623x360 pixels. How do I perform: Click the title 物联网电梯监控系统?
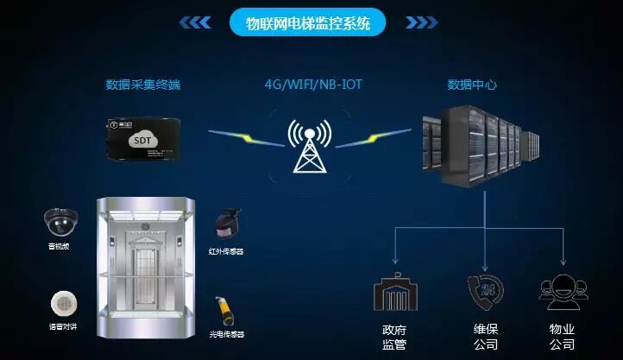[308, 23]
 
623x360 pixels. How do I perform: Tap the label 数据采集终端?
[143, 85]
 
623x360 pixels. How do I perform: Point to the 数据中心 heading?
[471, 85]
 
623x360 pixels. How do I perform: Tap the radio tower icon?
[309, 148]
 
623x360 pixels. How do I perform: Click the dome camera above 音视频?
[61, 223]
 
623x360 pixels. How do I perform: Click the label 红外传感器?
[226, 252]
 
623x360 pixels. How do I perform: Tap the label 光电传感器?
[226, 334]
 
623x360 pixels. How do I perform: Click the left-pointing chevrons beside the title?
[196, 23]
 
